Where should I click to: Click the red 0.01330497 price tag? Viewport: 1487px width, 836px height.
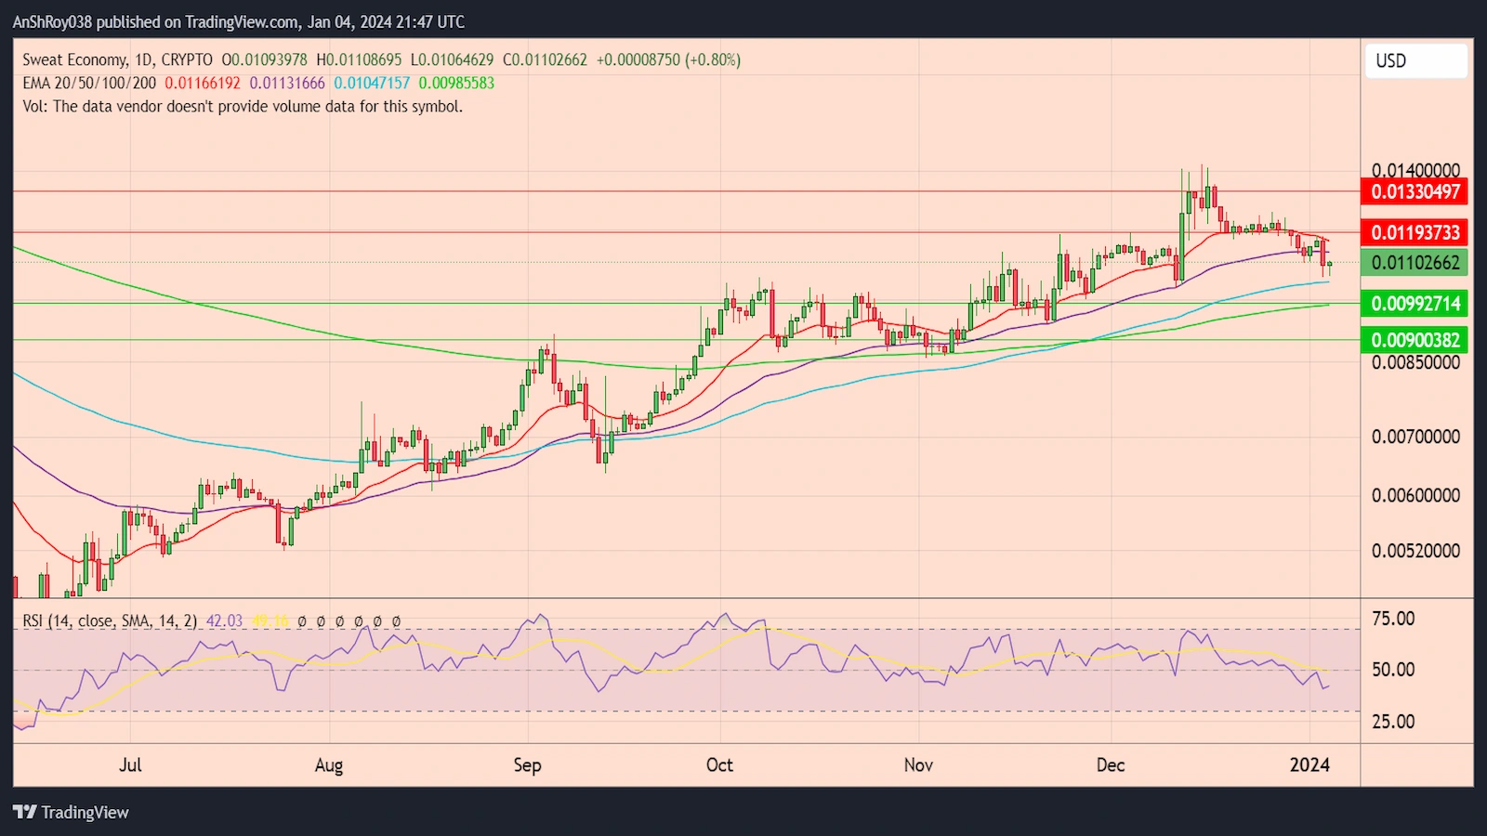pos(1415,192)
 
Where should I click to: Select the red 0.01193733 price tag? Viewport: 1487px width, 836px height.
pos(1415,232)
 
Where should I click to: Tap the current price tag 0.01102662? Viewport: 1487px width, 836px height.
pos(1415,263)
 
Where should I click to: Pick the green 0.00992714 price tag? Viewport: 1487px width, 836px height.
pos(1415,304)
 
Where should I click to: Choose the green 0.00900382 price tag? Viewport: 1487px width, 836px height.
pos(1415,340)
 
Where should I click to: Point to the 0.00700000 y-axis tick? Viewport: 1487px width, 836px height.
pos(1415,437)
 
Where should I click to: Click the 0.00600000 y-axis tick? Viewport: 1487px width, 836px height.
pos(1415,495)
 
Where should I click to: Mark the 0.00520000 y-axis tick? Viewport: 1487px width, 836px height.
pos(1415,551)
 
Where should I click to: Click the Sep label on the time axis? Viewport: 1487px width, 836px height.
pos(527,765)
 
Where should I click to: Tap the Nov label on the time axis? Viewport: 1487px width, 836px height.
pos(918,765)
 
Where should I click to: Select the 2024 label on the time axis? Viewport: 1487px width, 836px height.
pos(1309,765)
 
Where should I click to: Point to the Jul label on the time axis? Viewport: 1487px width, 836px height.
pos(130,765)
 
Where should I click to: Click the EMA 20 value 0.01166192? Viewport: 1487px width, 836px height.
pos(203,83)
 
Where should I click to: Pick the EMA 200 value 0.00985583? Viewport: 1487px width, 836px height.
pos(456,83)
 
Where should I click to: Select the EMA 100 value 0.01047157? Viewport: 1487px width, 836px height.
pos(372,83)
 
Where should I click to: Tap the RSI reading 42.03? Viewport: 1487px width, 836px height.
pos(224,620)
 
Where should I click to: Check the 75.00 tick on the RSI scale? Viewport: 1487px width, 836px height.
pos(1393,619)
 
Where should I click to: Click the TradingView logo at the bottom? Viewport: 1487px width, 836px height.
pos(71,812)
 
